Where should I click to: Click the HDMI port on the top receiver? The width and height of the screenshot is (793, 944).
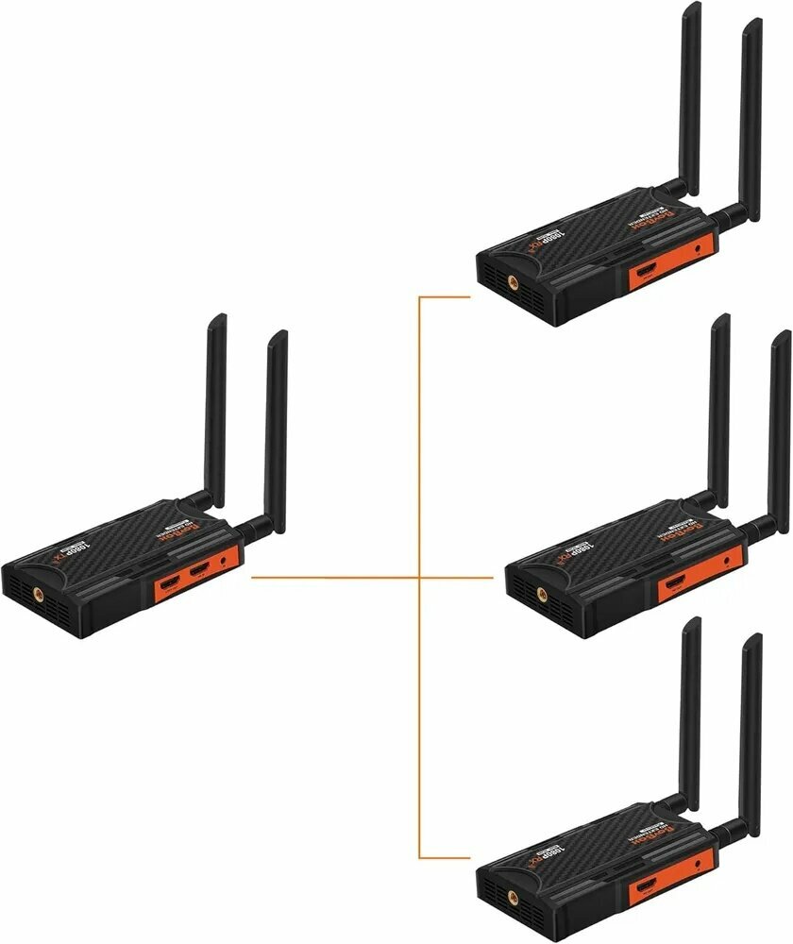click(649, 273)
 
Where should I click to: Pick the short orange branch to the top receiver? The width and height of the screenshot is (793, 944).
click(444, 297)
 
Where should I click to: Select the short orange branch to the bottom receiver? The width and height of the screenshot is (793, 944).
click(444, 857)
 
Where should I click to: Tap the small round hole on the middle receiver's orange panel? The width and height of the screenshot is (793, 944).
click(726, 560)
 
